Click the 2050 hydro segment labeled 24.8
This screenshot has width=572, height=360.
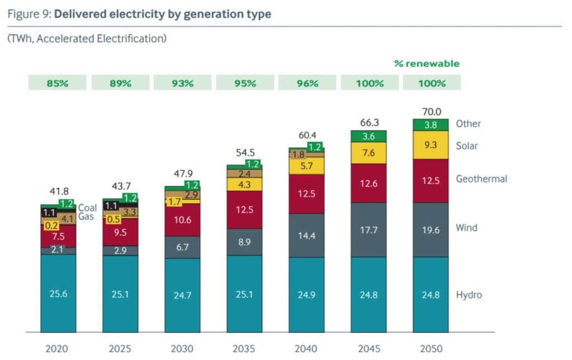430,295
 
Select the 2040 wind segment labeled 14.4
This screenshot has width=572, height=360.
306,236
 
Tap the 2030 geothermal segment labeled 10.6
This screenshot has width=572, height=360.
182,220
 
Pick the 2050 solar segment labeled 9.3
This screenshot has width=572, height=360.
430,145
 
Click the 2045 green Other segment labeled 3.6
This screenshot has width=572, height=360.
368,136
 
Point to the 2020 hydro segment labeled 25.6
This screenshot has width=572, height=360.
58,294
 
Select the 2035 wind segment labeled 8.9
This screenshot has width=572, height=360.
244,242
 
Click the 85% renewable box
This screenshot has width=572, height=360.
58,83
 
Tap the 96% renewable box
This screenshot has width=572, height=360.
307,83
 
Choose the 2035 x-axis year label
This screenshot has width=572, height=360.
244,349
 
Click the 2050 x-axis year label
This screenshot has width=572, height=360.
430,349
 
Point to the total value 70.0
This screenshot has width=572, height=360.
430,111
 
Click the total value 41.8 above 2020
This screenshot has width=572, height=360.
58,191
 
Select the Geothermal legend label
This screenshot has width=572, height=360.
481,179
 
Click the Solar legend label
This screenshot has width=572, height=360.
467,146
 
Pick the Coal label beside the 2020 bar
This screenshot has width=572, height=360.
87,208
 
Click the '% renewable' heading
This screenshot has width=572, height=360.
426,64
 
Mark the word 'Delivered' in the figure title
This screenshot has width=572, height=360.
79,14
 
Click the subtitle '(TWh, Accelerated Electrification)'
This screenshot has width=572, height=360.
87,39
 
